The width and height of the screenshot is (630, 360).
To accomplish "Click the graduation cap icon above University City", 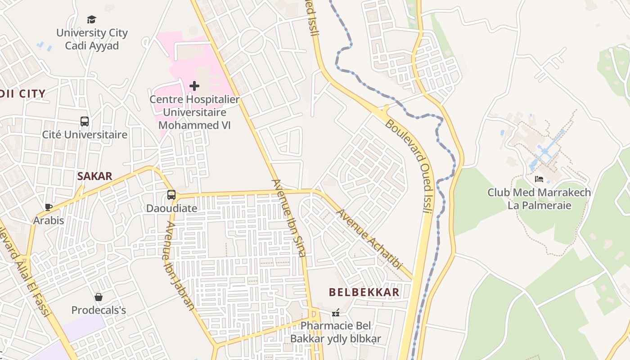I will click(92, 19).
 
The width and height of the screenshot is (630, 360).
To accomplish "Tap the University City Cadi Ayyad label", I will click(92, 39).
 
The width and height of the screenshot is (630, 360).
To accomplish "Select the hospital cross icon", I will click(194, 85).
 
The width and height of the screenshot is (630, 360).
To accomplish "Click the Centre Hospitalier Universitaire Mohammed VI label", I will click(194, 112).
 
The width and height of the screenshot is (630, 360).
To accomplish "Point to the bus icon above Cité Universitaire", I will click(85, 121).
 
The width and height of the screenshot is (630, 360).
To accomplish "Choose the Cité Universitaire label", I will click(85, 135).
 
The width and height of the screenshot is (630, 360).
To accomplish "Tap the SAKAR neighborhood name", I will click(94, 176).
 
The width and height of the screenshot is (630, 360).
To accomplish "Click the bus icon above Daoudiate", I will click(171, 195).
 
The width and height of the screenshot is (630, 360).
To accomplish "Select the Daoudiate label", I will click(171, 208).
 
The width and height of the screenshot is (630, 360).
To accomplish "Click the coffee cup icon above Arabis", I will click(49, 207).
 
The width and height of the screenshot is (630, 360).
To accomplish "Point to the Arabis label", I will click(49, 220).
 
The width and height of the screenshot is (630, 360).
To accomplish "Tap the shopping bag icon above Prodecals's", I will click(99, 297).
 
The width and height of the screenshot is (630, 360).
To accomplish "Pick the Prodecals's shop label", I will click(99, 310).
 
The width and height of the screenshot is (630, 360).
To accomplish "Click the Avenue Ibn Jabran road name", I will click(180, 266).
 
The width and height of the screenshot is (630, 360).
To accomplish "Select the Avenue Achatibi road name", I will click(369, 239).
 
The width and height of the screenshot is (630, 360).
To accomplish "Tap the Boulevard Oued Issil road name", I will click(409, 166).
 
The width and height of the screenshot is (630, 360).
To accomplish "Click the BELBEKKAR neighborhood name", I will click(364, 292).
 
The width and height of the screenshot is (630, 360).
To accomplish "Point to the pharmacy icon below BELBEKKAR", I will click(336, 312).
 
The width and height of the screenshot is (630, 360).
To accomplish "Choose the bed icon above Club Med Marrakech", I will click(539, 179).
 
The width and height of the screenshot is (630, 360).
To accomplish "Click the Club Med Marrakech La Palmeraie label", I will click(539, 199).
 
